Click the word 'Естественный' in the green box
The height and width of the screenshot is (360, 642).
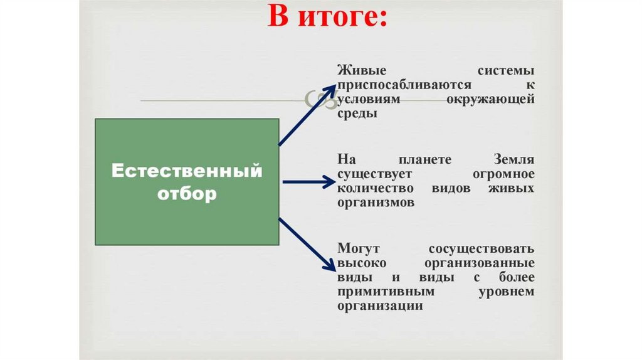(x=186, y=171)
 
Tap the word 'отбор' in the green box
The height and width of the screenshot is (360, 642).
(x=186, y=193)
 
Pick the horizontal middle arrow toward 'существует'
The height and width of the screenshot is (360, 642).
(x=310, y=182)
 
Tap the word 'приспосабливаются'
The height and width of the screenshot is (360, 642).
(x=392, y=85)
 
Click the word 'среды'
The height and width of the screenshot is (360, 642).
(x=357, y=114)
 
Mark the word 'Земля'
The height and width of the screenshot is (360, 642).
(x=513, y=159)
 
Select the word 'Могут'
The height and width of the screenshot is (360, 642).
(x=357, y=248)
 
